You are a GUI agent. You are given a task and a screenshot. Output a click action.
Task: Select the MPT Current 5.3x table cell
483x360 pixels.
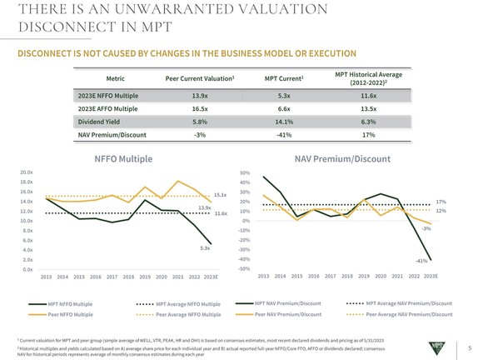pyautogui.click(x=282, y=95)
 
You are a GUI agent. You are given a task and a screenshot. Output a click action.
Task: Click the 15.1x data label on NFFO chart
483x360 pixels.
pyautogui.click(x=220, y=195)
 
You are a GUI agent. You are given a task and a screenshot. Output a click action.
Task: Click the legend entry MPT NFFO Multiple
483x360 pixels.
pyautogui.click(x=71, y=305)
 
